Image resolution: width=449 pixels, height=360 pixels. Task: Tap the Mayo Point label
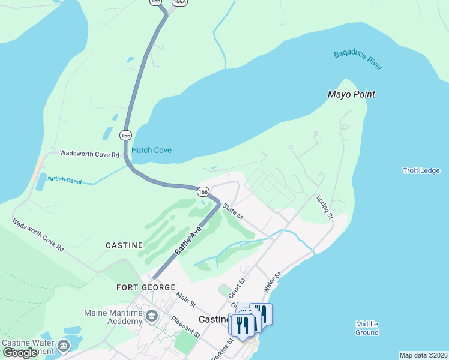click(351, 94)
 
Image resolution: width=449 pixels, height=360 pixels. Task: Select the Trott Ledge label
click(421, 170)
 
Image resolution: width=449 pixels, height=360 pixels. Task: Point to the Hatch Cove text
click(151, 150)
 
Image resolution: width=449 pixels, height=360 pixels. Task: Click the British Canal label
click(64, 179)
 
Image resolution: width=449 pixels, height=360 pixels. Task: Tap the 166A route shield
click(178, 2)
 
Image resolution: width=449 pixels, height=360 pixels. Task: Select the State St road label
click(232, 211)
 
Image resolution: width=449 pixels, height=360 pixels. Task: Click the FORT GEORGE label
click(146, 287)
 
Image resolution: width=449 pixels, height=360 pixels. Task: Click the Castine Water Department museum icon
click(62, 346)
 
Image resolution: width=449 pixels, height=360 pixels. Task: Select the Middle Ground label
click(367, 328)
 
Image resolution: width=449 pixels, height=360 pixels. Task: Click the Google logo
click(20, 353)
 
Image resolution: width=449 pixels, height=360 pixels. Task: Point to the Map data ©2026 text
click(423, 355)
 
